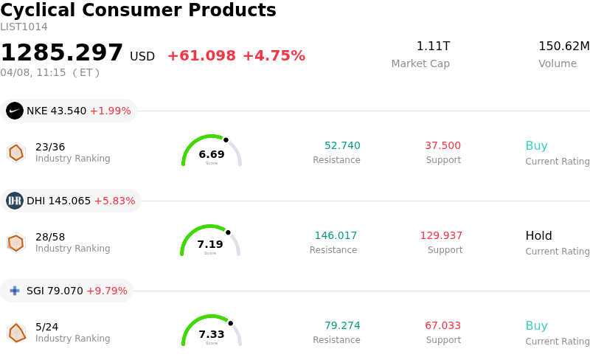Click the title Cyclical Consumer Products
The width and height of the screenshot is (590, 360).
[138, 10]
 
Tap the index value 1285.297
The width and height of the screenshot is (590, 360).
[62, 53]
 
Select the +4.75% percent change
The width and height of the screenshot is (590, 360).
[274, 56]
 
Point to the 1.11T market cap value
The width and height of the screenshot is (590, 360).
[433, 46]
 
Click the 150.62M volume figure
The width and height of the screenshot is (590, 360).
[563, 46]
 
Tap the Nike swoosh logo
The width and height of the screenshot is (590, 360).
[15, 111]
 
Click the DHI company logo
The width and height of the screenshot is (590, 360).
[15, 201]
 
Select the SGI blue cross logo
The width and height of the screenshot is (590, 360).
[15, 291]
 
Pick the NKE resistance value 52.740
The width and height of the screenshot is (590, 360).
[342, 145]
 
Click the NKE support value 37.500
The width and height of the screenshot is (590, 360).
[442, 145]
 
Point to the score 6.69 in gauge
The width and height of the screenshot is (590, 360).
[212, 154]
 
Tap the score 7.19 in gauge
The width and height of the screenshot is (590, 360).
[210, 244]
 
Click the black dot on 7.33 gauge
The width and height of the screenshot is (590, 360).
[230, 323]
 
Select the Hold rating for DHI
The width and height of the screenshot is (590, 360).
[538, 236]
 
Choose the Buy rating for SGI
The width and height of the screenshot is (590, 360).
[536, 326]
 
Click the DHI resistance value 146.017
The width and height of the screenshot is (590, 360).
[336, 236]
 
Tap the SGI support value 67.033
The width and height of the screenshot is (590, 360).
[442, 326]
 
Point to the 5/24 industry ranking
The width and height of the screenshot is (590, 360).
[46, 326]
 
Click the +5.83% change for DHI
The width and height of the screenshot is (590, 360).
[114, 201]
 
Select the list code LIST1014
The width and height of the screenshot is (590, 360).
[24, 27]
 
